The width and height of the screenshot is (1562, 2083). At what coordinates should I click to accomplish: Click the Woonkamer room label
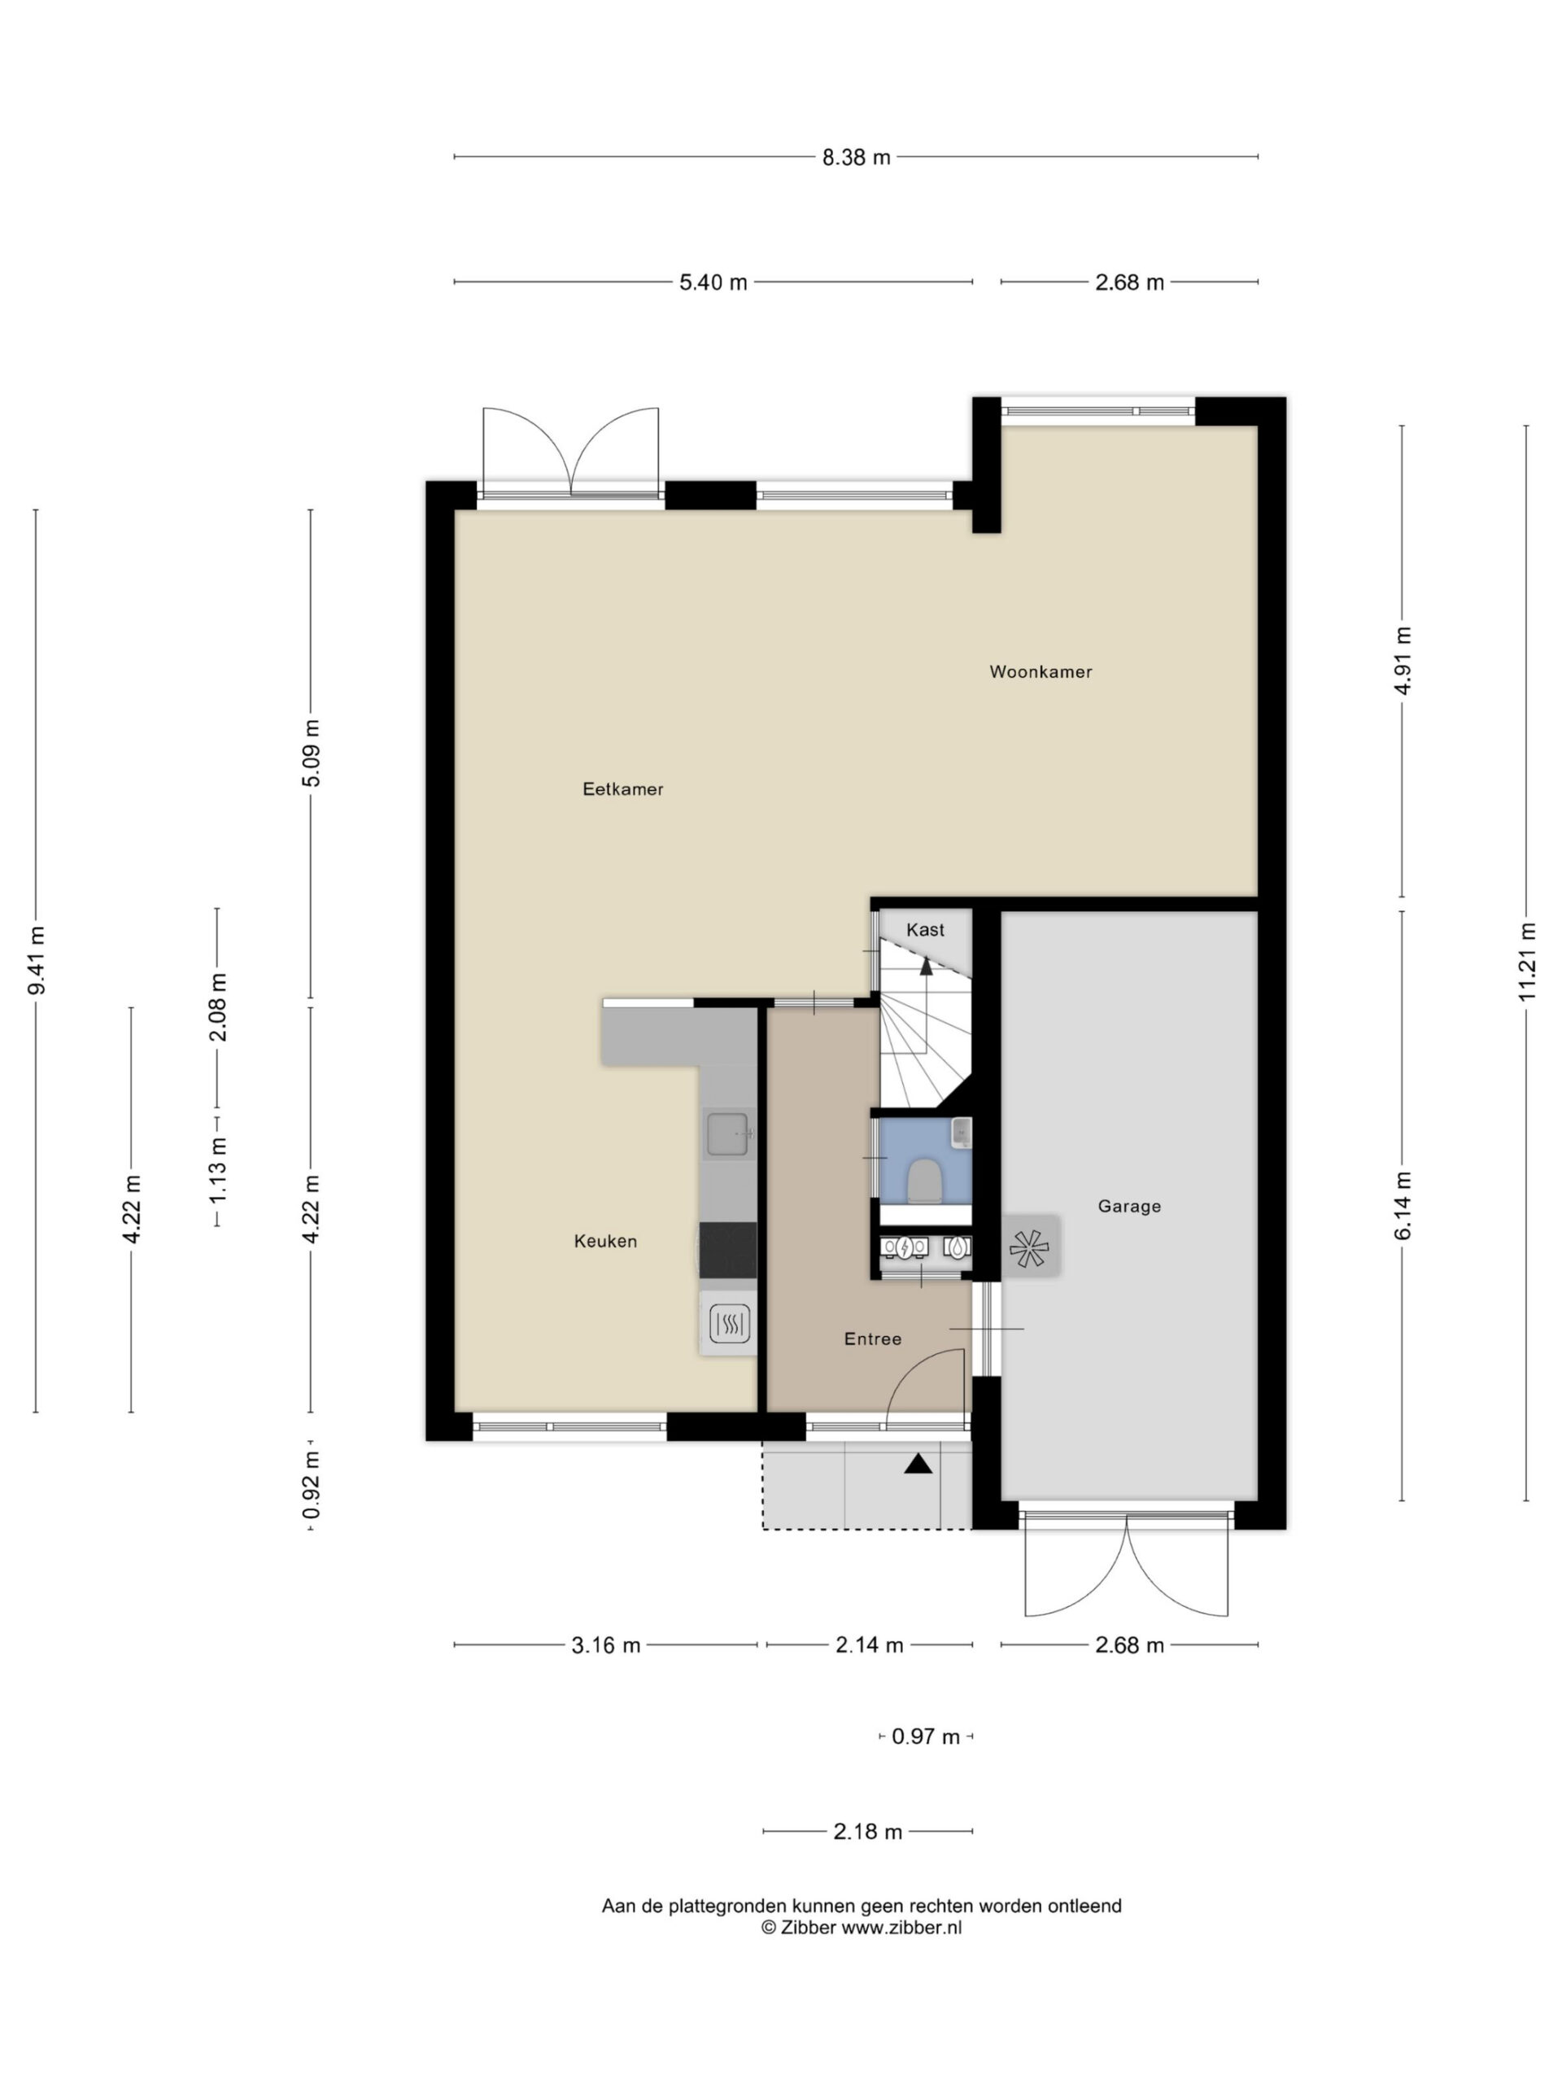tap(1041, 671)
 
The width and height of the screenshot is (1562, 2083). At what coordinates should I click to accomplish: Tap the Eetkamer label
tap(622, 789)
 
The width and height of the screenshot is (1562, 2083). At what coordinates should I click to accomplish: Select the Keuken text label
tap(605, 1241)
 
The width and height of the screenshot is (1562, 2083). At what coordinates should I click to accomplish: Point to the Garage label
tap(1129, 1207)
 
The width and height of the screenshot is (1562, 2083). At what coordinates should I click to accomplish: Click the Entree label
tap(873, 1339)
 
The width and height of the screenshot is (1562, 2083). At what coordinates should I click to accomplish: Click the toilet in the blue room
tap(923, 1181)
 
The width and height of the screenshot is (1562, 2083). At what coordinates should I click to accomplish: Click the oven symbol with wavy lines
tap(729, 1323)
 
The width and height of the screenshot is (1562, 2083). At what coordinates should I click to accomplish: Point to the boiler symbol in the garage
tap(1029, 1247)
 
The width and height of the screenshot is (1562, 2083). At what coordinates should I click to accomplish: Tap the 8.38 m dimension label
tap(856, 157)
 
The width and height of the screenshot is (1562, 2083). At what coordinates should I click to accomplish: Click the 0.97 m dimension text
tap(926, 1736)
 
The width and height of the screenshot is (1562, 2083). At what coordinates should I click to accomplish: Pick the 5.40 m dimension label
tap(713, 282)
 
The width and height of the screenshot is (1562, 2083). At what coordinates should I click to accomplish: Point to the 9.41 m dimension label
tap(36, 960)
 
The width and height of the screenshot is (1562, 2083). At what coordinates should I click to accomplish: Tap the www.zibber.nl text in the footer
tap(901, 1928)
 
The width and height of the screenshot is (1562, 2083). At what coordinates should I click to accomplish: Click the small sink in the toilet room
tap(960, 1132)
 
